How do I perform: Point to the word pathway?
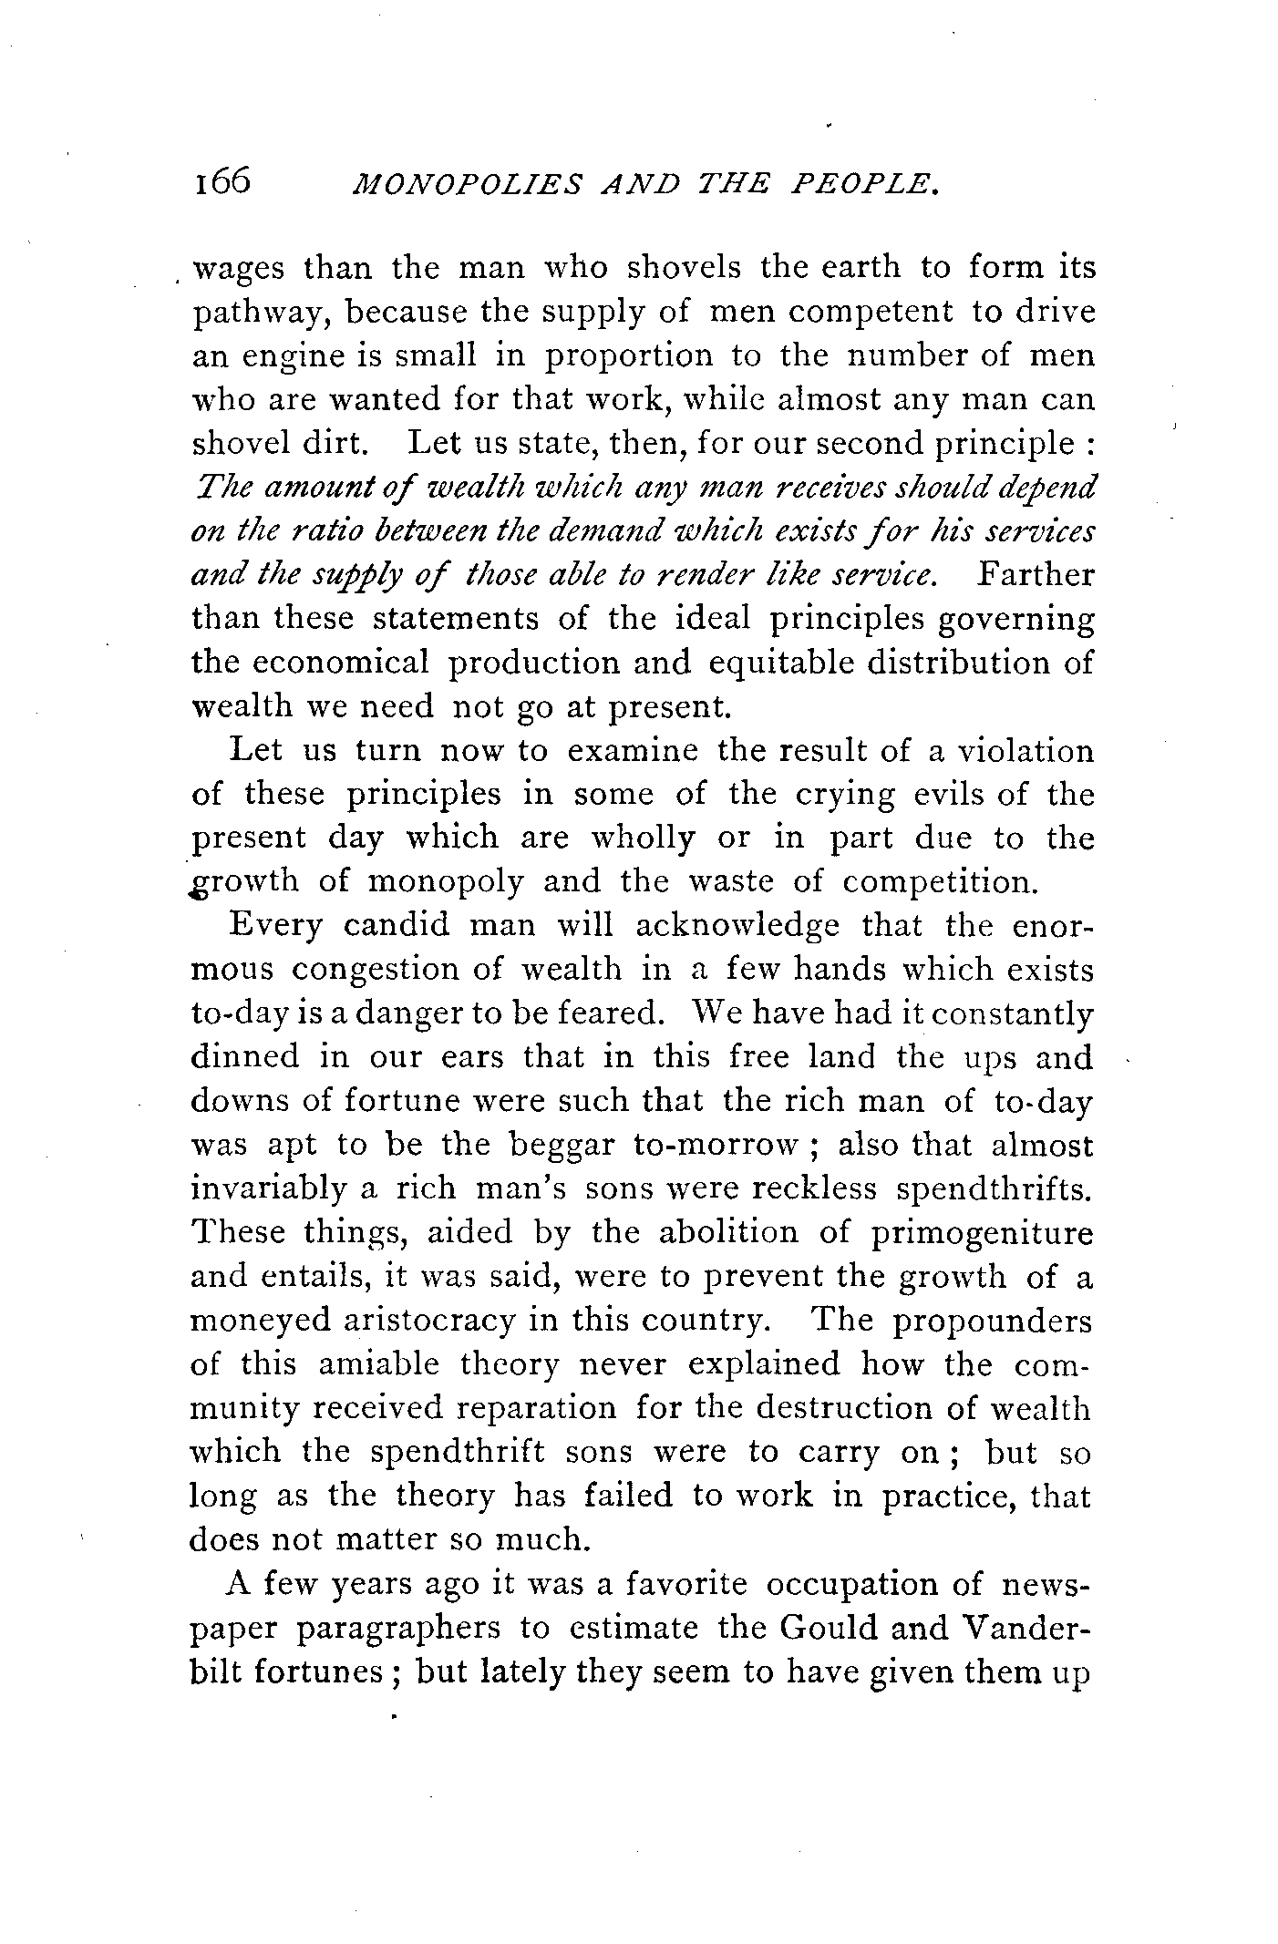[x=253, y=314]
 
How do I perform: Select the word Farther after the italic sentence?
[x=1036, y=575]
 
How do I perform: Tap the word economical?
[x=339, y=663]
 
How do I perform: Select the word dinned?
[x=244, y=1056]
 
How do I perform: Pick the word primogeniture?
[x=981, y=1232]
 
